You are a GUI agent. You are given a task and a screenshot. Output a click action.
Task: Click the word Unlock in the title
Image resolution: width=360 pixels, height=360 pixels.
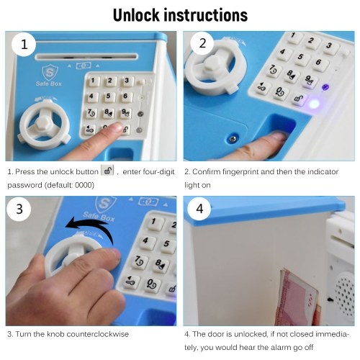136,15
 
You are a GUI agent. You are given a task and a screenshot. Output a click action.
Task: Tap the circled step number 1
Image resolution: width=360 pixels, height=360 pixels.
24,45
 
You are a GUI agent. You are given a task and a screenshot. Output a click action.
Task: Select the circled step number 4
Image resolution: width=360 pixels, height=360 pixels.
199,209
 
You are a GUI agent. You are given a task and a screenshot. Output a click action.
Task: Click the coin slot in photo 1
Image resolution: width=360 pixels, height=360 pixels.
86,57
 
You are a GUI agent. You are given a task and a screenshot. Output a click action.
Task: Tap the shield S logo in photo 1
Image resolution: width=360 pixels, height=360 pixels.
50,73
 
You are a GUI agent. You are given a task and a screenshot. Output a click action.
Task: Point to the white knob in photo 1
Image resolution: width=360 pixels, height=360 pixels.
44,124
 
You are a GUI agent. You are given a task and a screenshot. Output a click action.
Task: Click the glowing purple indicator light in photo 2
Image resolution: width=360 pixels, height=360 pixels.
313,104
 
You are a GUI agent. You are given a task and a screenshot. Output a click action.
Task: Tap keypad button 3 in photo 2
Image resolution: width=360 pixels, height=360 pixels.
329,45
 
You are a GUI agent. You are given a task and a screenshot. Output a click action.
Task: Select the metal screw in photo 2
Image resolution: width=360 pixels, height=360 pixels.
232,139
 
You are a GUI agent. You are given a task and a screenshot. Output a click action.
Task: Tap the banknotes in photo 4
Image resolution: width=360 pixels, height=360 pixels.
297,297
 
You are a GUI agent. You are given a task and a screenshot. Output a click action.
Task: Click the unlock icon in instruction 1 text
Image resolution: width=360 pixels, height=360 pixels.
107,171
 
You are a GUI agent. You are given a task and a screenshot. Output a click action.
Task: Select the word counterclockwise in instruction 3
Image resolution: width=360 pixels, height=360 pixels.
98,334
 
